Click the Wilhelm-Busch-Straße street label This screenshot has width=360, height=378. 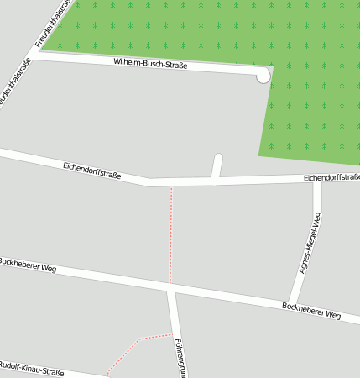150,65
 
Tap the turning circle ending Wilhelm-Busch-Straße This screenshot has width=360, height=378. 263,76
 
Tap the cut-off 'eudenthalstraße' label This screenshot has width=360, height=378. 14,85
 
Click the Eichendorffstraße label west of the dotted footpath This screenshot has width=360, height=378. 92,171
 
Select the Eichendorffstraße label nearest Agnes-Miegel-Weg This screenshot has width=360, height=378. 331,177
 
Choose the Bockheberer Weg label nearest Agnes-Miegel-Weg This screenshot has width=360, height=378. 311,311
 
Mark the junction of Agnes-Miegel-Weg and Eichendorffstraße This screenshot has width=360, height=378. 317,179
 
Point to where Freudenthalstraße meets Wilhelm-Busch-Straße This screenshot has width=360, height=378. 34,55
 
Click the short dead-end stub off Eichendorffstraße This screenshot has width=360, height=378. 218,165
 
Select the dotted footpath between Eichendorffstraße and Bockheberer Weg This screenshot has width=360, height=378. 171,235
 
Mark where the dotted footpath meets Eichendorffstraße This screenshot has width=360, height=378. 171,184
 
